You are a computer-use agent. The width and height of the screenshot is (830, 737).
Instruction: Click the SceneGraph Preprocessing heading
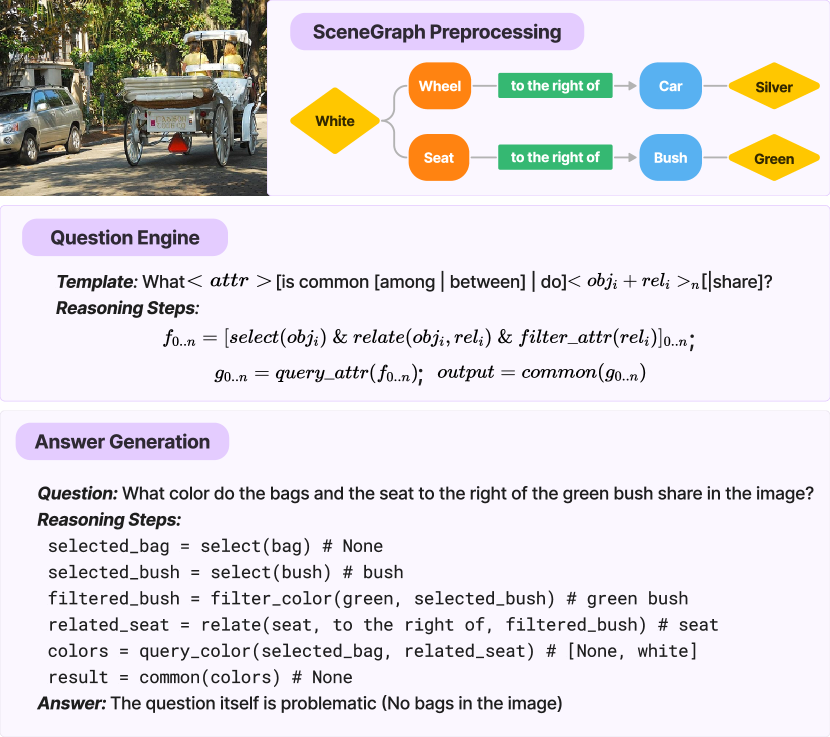437,32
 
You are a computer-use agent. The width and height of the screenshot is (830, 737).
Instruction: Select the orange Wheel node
439,86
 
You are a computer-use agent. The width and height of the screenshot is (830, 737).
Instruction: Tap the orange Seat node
438,157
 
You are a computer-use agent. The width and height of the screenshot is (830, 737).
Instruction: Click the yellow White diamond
335,121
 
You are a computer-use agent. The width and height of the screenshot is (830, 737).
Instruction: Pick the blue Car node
670,86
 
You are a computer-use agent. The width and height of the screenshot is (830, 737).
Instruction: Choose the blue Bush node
670,157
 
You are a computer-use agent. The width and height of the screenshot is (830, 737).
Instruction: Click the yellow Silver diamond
773,87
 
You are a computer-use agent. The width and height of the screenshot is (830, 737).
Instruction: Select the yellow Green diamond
773,158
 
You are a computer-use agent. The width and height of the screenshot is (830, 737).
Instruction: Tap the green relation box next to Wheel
555,86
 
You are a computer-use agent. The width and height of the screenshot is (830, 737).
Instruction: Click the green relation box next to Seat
555,157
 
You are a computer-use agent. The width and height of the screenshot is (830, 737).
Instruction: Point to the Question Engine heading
125,238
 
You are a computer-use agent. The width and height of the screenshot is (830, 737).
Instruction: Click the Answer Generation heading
122,442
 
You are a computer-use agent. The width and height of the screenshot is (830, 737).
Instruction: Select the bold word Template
96,281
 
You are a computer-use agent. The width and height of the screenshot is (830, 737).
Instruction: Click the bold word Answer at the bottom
71,703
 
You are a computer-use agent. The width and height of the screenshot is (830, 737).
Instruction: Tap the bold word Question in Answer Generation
78,494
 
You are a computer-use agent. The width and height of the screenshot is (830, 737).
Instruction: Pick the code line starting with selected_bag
215,547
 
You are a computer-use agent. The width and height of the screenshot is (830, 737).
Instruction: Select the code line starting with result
200,677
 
